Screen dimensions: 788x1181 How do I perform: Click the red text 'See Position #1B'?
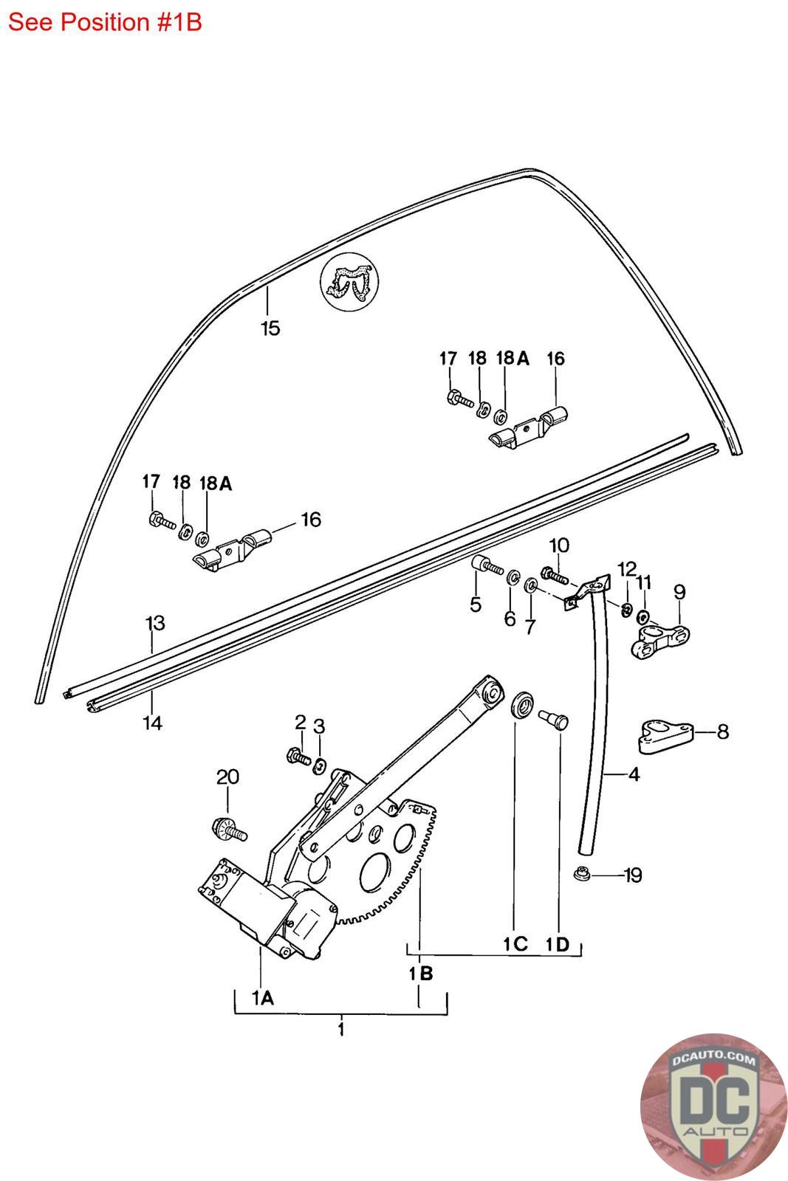click(x=105, y=23)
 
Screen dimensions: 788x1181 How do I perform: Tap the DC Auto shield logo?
click(x=713, y=1106)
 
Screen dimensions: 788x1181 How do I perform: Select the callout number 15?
click(x=270, y=328)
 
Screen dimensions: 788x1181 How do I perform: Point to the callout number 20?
click(x=228, y=777)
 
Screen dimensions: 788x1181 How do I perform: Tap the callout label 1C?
click(x=515, y=944)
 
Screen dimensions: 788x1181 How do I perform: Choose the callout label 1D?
click(x=558, y=944)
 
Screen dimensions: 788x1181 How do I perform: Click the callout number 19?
click(x=633, y=875)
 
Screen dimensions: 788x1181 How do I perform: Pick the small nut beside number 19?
click(x=581, y=873)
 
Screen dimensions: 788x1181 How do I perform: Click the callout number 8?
click(x=722, y=731)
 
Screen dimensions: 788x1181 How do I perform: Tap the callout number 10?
click(x=559, y=545)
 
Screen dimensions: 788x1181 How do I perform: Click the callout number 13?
click(x=155, y=623)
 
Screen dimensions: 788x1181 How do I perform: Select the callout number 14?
click(x=152, y=723)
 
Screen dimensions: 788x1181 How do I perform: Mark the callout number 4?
click(x=634, y=774)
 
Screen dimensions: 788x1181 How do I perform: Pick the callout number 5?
click(x=475, y=605)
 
